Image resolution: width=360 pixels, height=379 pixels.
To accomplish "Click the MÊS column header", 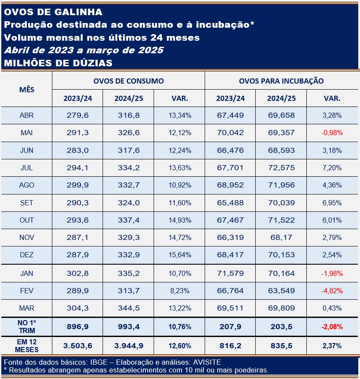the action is pyautogui.click(x=26, y=90).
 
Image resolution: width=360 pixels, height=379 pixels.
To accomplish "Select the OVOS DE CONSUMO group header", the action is pyautogui.click(x=129, y=81).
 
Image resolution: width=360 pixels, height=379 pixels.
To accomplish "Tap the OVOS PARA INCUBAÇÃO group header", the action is pyautogui.click(x=281, y=81).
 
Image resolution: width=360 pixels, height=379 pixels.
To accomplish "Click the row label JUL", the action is pyautogui.click(x=26, y=168).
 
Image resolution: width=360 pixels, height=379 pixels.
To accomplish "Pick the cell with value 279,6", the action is pyautogui.click(x=77, y=115).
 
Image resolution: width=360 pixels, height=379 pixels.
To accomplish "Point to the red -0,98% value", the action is pyautogui.click(x=332, y=133).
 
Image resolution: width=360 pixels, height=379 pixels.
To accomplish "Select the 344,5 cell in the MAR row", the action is pyautogui.click(x=129, y=308).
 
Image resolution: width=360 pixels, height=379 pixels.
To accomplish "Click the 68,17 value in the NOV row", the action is pyautogui.click(x=281, y=237).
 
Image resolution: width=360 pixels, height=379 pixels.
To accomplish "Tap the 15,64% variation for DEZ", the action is pyautogui.click(x=180, y=255).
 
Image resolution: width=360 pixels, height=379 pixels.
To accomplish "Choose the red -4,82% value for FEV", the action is pyautogui.click(x=332, y=291).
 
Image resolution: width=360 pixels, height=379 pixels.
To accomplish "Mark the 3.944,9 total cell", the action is pyautogui.click(x=129, y=346).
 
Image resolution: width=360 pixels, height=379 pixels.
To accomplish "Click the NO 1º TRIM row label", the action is pyautogui.click(x=26, y=327).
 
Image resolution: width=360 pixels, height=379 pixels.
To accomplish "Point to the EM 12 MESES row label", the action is pyautogui.click(x=26, y=346).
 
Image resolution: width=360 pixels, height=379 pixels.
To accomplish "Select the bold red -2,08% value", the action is pyautogui.click(x=332, y=327).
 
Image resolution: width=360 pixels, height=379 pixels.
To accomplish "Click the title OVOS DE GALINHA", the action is pyautogui.click(x=53, y=12).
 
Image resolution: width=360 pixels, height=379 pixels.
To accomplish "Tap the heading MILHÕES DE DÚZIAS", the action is pyautogui.click(x=58, y=63).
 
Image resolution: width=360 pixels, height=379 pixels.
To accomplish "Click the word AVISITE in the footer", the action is pyautogui.click(x=207, y=362).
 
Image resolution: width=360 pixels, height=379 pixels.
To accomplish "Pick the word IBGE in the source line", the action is pyautogui.click(x=99, y=362).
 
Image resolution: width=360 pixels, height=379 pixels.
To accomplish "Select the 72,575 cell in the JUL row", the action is pyautogui.click(x=281, y=168).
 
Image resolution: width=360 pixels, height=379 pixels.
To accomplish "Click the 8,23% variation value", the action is pyautogui.click(x=180, y=291).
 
